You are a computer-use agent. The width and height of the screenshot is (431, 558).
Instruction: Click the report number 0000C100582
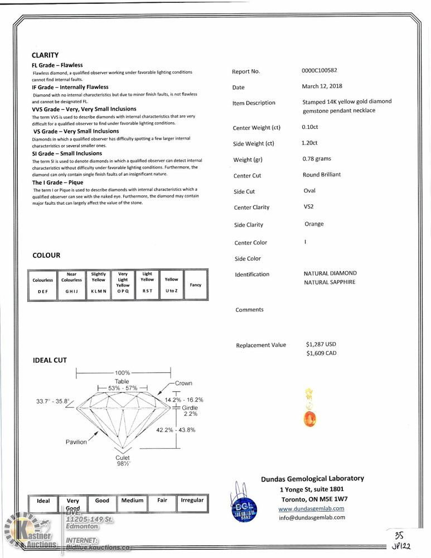point(319,71)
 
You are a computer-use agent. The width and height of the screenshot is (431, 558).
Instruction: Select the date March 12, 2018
point(322,86)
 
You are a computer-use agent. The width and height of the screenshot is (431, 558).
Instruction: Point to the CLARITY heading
point(45,55)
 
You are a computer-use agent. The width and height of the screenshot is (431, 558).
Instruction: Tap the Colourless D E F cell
point(43,285)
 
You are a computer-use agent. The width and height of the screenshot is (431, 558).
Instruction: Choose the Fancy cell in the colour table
point(195,285)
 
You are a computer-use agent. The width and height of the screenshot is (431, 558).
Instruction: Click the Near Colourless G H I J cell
point(71,285)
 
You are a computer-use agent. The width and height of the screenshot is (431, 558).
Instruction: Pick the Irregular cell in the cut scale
point(192,501)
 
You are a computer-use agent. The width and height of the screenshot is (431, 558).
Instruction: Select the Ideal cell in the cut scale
point(43,501)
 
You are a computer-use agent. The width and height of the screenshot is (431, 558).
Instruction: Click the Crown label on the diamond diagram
point(183,383)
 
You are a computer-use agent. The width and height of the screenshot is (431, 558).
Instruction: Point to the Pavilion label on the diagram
point(76,442)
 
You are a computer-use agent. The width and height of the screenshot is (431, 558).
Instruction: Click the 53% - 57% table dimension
point(122,388)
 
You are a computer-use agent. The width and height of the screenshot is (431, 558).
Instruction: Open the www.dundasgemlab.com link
point(311,508)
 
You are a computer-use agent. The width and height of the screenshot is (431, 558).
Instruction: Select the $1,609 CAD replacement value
point(322,353)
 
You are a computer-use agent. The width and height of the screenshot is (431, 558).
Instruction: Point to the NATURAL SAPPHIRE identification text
point(329,282)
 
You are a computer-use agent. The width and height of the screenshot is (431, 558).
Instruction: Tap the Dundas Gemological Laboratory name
point(312,479)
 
